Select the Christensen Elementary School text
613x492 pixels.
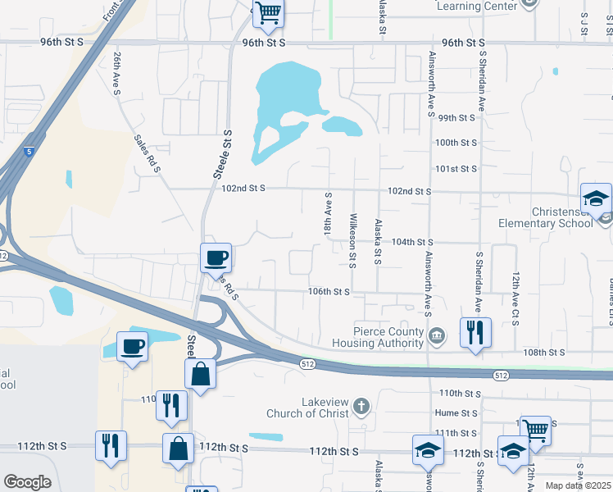point(545,216)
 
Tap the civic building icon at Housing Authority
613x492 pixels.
point(437,334)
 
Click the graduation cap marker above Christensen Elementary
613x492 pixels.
point(596,199)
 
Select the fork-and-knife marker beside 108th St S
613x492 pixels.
point(475,333)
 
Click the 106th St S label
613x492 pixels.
point(329,291)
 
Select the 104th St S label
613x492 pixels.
point(412,242)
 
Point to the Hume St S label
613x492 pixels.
point(457,413)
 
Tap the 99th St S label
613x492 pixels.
point(457,118)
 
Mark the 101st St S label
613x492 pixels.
point(456,169)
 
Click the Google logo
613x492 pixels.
point(27,482)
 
